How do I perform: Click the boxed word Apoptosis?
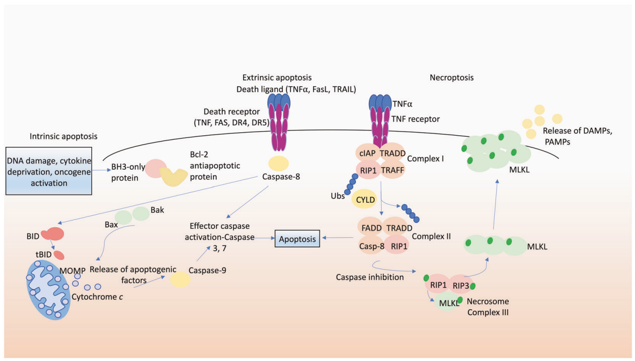pos(297,239)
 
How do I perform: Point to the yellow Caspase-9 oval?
pos(181,279)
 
